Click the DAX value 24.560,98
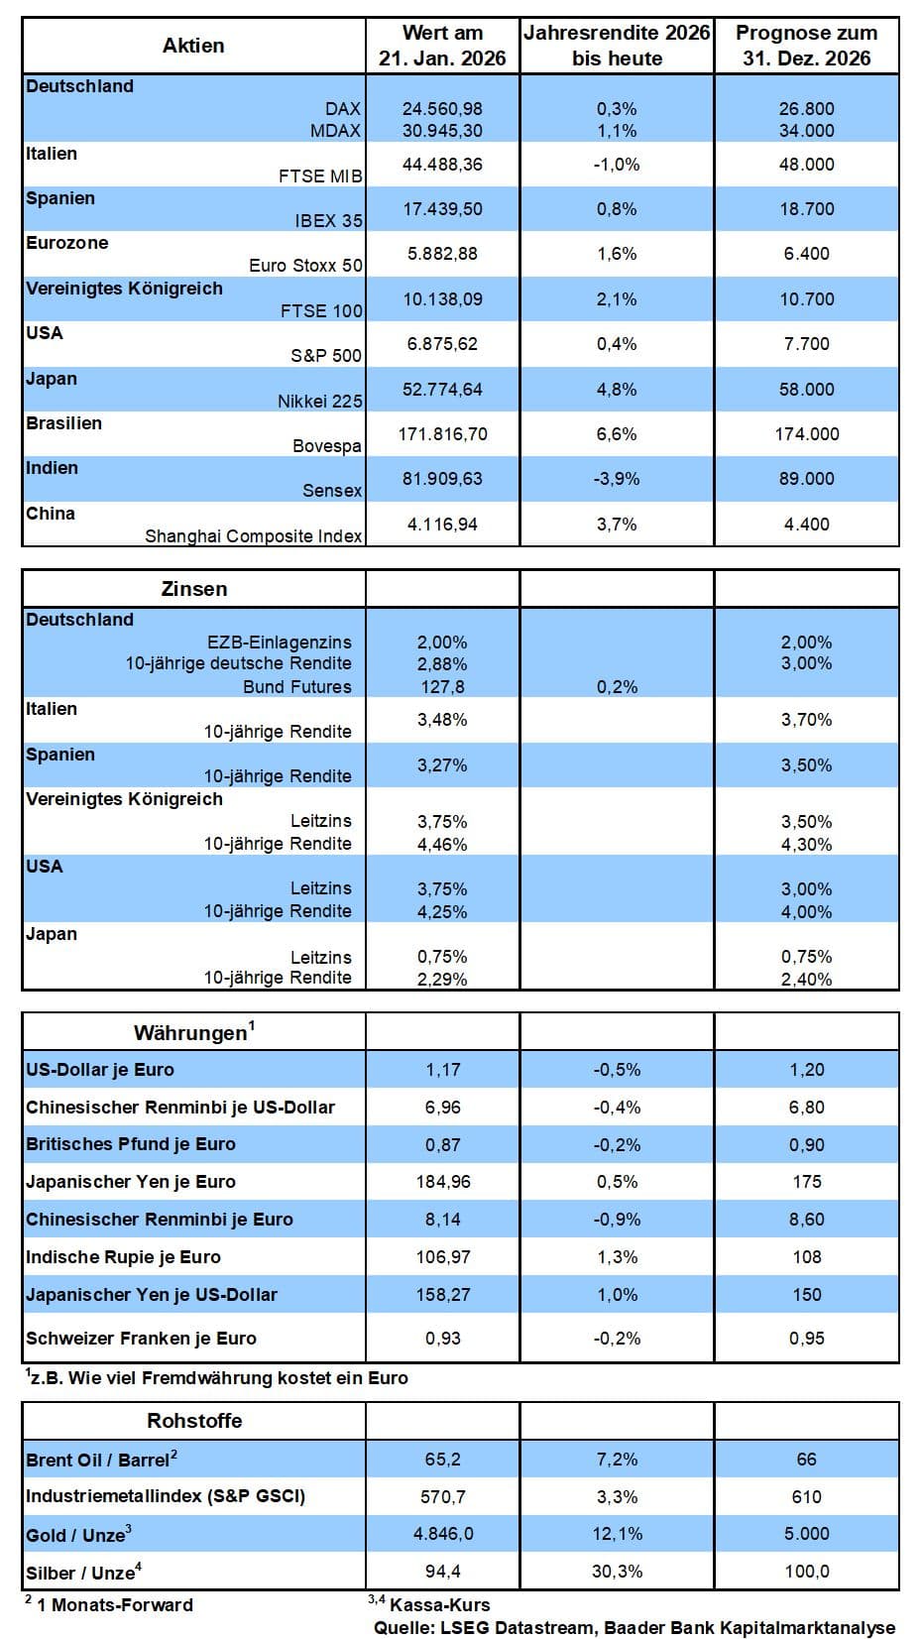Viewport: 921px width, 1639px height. [x=442, y=108]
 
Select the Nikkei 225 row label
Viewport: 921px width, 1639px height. [x=319, y=401]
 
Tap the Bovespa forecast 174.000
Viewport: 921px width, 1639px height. [x=806, y=434]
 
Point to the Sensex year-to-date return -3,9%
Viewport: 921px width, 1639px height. [x=617, y=479]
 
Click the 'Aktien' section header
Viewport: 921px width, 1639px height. [x=193, y=46]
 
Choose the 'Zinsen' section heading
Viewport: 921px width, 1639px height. [x=194, y=589]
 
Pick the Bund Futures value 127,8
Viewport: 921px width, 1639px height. [x=442, y=687]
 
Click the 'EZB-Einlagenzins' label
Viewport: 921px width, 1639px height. [x=280, y=642]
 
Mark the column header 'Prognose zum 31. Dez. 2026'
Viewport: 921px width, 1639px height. [x=806, y=46]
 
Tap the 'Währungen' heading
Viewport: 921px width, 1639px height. [x=192, y=1033]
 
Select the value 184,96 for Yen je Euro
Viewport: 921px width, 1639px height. [x=442, y=1182]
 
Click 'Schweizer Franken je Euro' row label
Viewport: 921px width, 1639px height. [x=141, y=1339]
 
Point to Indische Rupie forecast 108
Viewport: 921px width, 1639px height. [x=806, y=1257]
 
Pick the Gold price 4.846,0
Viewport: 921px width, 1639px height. [x=442, y=1534]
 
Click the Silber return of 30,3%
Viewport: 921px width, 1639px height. [x=617, y=1572]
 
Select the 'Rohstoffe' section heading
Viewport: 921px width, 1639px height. [x=194, y=1421]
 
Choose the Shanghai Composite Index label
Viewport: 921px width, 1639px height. [x=254, y=536]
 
